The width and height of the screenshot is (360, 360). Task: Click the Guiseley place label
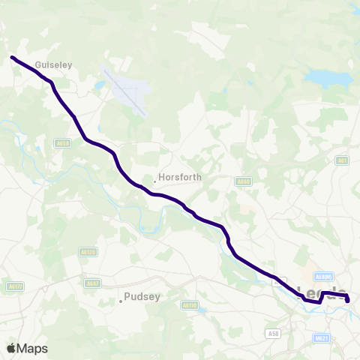[x=55, y=65]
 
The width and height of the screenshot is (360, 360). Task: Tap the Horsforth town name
[x=177, y=180]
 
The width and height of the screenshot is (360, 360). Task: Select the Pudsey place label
[x=142, y=296]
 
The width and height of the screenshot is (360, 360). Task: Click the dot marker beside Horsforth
[x=154, y=181]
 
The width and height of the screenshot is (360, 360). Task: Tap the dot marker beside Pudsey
[x=120, y=301]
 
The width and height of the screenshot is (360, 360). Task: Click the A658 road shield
[x=63, y=142]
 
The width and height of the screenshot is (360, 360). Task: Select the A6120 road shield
[x=88, y=252]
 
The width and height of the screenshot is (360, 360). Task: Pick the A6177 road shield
[x=14, y=286]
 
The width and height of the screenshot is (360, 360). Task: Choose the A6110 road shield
[x=190, y=305]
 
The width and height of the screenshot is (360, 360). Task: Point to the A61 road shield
[x=343, y=160]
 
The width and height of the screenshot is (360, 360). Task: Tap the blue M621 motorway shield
[x=322, y=338]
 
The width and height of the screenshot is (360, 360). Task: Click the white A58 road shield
[x=273, y=332]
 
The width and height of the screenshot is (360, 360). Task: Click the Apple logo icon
[x=11, y=348]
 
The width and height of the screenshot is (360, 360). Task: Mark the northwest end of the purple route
[x=12, y=56]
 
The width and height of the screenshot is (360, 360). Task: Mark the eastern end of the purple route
[x=348, y=300]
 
